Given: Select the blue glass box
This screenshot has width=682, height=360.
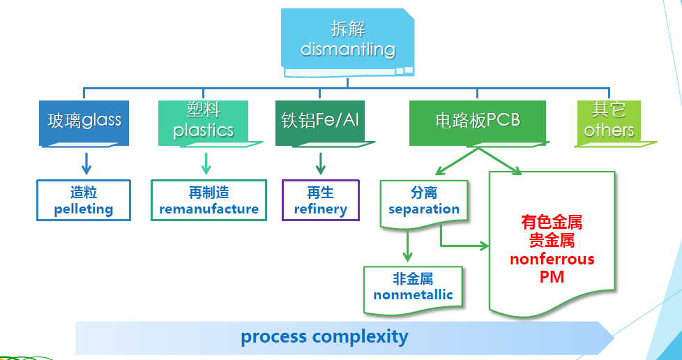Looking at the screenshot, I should [84, 121].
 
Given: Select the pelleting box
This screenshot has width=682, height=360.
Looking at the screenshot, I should [84, 201].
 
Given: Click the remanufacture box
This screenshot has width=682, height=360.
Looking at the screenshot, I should [209, 201].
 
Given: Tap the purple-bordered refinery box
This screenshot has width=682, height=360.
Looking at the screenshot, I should [321, 201].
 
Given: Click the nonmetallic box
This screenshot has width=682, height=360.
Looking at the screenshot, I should [413, 287].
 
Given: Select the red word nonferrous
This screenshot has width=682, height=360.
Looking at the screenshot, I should [552, 259].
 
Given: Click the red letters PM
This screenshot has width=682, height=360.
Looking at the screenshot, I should [552, 276].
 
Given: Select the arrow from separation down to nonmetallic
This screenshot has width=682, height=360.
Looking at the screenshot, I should [408, 247].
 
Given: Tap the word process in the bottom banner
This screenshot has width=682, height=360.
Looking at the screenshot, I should [274, 337].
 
